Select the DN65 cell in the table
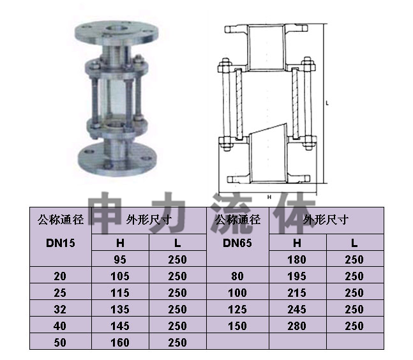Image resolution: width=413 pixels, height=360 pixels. click(x=237, y=243)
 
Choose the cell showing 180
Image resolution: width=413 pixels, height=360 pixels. click(x=297, y=259)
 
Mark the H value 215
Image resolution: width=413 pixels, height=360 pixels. click(x=297, y=293)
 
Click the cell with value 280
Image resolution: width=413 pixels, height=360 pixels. click(x=297, y=326)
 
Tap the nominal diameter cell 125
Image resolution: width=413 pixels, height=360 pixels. click(x=237, y=310)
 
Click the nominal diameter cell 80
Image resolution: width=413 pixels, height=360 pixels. click(x=237, y=276)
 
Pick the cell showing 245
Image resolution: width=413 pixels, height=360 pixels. click(x=297, y=310)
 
